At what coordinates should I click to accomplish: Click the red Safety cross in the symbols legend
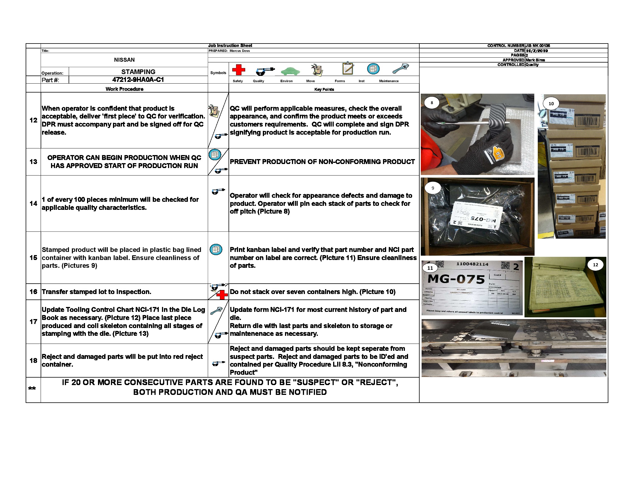click(239, 70)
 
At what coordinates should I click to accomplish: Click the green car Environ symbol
click(290, 71)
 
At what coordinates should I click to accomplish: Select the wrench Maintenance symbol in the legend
click(400, 69)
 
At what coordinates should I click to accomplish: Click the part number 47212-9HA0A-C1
click(138, 80)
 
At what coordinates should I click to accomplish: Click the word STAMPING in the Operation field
click(138, 72)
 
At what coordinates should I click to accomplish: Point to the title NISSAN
click(124, 60)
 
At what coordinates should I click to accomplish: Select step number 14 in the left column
click(33, 203)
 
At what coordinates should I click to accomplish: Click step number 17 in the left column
click(33, 322)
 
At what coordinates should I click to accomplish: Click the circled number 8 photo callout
click(432, 103)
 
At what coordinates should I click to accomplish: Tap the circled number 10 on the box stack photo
click(551, 104)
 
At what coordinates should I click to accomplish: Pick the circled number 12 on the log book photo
click(595, 265)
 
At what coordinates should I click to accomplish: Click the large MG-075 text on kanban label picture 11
click(456, 279)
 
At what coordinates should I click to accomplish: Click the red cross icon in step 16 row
click(222, 295)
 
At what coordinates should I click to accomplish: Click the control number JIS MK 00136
click(538, 46)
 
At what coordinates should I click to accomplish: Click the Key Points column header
click(324, 89)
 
